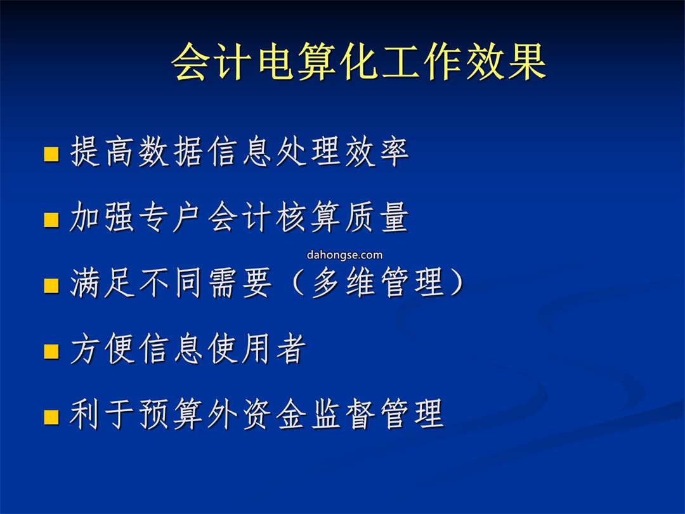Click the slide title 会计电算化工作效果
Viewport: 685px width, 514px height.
point(358,62)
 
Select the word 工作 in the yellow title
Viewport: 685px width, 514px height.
point(421,62)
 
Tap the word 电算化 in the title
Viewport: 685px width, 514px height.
point(317,62)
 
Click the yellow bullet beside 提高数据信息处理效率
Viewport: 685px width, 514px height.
point(51,154)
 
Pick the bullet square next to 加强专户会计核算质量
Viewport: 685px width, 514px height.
point(51,220)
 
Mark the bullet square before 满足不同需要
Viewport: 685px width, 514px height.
point(51,286)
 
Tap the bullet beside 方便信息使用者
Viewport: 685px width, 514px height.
point(51,351)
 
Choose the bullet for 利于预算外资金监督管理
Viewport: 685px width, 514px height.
point(51,416)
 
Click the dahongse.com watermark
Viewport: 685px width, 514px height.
point(344,255)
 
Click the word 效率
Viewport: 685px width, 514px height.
point(377,151)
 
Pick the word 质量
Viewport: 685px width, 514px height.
point(377,217)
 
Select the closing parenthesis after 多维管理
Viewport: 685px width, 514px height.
point(457,282)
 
